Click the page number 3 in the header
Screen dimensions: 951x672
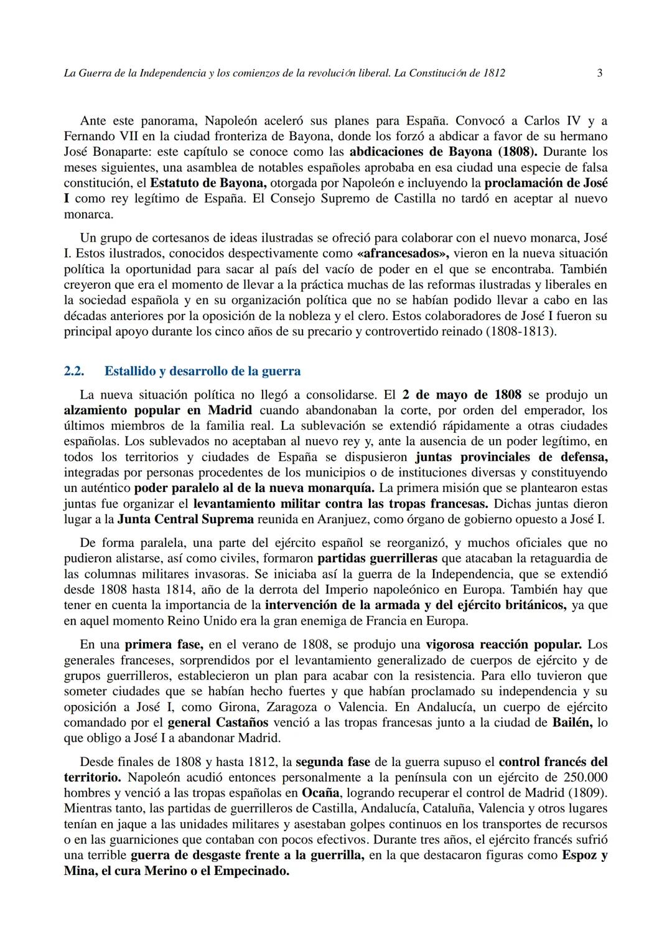click(599, 73)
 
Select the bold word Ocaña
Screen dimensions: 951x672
click(321, 793)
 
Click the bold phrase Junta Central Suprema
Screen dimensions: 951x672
click(185, 519)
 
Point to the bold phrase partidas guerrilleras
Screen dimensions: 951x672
click(377, 559)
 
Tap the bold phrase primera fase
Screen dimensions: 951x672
click(164, 645)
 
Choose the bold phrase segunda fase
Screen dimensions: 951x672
click(333, 762)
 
